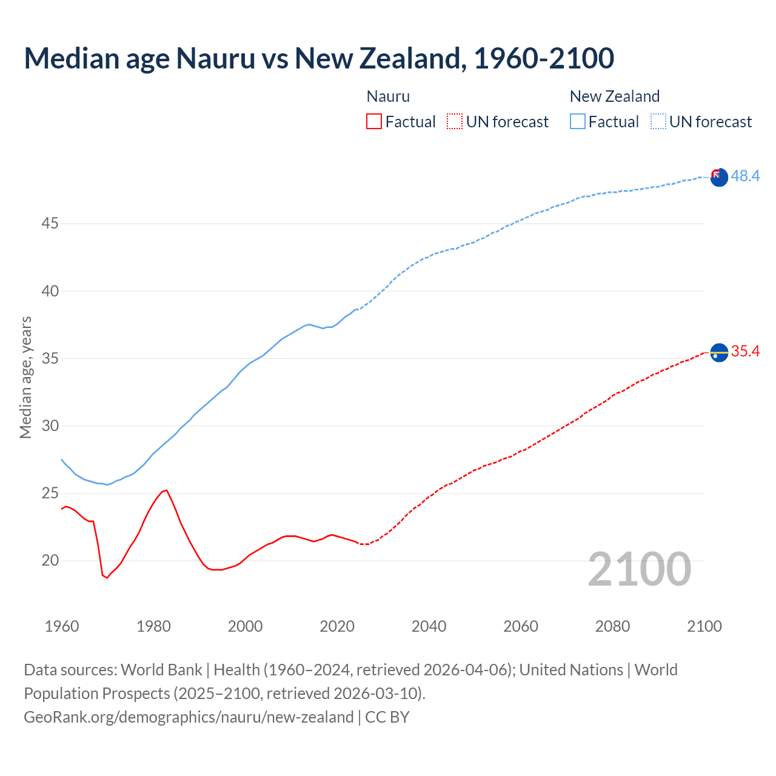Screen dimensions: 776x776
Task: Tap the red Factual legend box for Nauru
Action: point(374,121)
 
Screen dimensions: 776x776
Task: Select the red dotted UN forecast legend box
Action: point(455,121)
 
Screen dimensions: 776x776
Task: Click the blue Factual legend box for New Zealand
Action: point(577,121)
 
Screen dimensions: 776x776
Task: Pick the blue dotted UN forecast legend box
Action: point(658,121)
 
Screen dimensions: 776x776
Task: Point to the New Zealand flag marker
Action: point(719,178)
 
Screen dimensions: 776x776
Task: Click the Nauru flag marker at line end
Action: point(719,352)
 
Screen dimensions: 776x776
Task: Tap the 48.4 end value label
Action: point(745,176)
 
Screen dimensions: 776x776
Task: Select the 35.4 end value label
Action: point(745,352)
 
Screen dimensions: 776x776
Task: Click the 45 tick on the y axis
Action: point(50,224)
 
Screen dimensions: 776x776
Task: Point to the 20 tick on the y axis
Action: point(50,561)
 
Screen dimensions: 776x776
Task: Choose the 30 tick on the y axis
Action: point(50,426)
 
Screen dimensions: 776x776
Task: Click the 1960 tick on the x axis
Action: point(62,626)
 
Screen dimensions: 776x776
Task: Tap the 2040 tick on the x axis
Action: point(429,626)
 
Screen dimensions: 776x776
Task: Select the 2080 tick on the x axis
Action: point(612,626)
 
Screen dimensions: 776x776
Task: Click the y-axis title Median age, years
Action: point(25,377)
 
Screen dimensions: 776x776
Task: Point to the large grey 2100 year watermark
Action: point(639,569)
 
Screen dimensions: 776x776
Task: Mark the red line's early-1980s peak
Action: point(166,490)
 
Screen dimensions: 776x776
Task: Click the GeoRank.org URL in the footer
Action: point(189,717)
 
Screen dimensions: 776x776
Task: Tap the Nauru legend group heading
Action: point(388,96)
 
